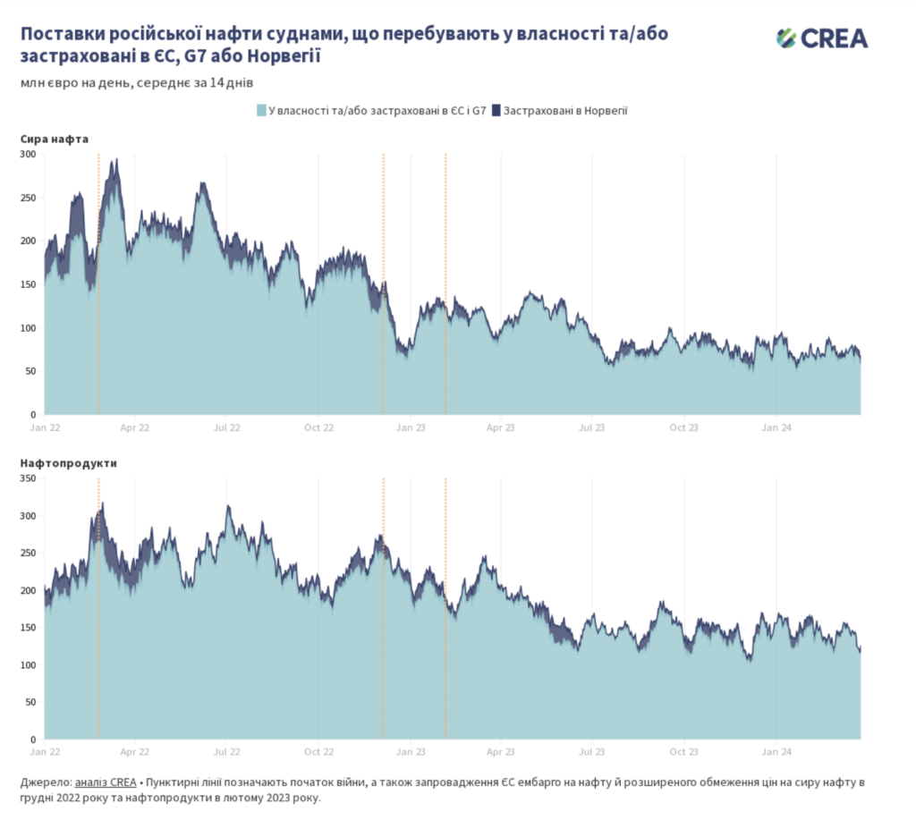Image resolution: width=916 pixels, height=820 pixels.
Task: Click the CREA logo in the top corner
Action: click(821, 38)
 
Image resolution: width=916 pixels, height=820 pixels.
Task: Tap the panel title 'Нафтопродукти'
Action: click(69, 463)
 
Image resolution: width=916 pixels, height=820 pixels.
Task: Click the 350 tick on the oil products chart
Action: click(27, 479)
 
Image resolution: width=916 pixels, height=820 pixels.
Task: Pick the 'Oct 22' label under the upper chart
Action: click(318, 427)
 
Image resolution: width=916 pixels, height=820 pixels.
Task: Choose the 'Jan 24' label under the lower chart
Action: click(776, 752)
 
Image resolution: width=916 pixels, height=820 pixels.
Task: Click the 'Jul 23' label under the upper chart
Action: click(592, 427)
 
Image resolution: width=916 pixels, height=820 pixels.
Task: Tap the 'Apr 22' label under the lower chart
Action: click(135, 752)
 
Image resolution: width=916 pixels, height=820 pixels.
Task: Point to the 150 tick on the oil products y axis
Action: click(27, 628)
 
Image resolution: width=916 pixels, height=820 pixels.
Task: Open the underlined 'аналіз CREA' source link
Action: click(106, 782)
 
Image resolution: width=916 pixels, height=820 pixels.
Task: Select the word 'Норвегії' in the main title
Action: click(283, 56)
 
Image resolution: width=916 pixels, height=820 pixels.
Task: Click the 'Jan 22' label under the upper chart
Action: click(45, 427)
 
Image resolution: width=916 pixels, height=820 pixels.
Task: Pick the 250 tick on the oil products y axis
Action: click(27, 554)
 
